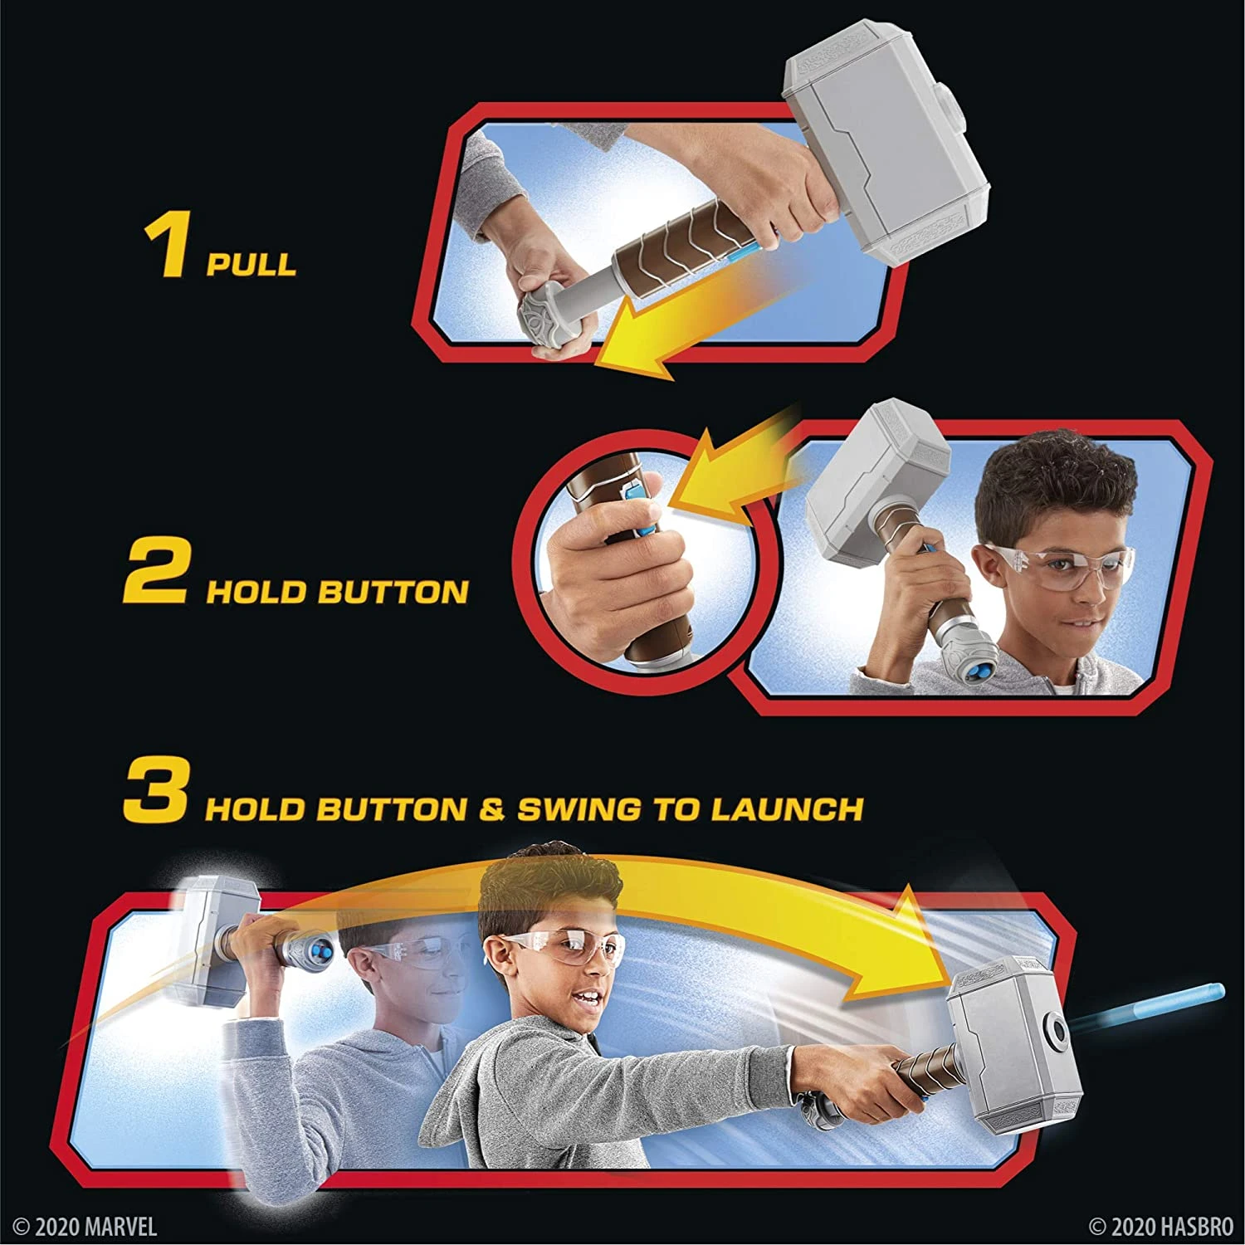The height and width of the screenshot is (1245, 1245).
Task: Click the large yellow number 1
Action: pyautogui.click(x=166, y=247)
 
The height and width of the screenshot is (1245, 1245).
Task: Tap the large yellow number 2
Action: pyautogui.click(x=155, y=574)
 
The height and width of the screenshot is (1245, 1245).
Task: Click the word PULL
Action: pyautogui.click(x=251, y=264)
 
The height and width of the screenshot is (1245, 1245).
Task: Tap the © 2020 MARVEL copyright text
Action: pyautogui.click(x=85, y=1226)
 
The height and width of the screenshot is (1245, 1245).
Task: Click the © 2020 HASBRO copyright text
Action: pyautogui.click(x=1160, y=1226)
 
